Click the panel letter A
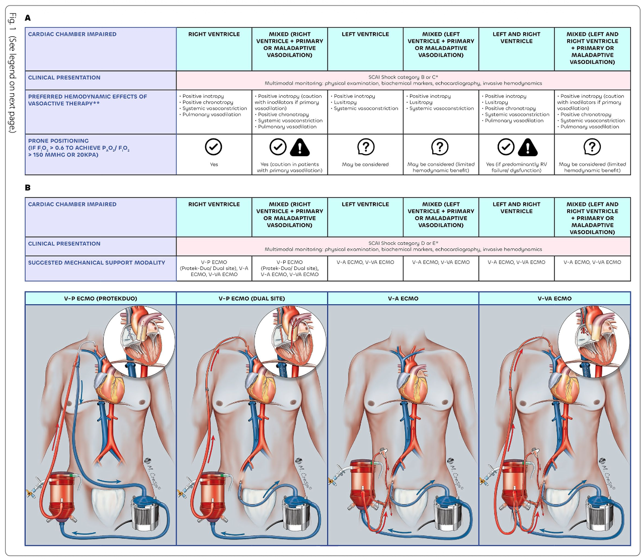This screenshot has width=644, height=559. (x=28, y=18)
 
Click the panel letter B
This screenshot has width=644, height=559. (x=28, y=188)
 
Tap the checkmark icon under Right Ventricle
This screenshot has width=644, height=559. (x=214, y=147)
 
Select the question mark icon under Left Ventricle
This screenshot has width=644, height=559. (x=365, y=147)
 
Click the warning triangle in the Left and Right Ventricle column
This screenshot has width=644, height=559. (x=528, y=147)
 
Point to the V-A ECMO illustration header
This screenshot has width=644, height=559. (x=403, y=299)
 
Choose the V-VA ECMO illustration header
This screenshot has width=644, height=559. (x=554, y=299)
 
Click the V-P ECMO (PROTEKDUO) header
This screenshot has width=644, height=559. (x=101, y=299)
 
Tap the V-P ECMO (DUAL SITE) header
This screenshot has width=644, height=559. (x=252, y=299)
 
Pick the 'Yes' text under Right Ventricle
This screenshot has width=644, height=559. (x=214, y=165)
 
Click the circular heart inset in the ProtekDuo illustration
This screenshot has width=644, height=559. (x=139, y=341)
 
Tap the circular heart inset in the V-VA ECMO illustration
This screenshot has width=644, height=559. (x=594, y=341)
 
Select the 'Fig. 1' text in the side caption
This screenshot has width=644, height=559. (x=13, y=23)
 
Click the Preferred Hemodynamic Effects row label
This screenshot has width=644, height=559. (x=88, y=100)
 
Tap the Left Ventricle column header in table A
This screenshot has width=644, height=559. (x=365, y=34)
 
